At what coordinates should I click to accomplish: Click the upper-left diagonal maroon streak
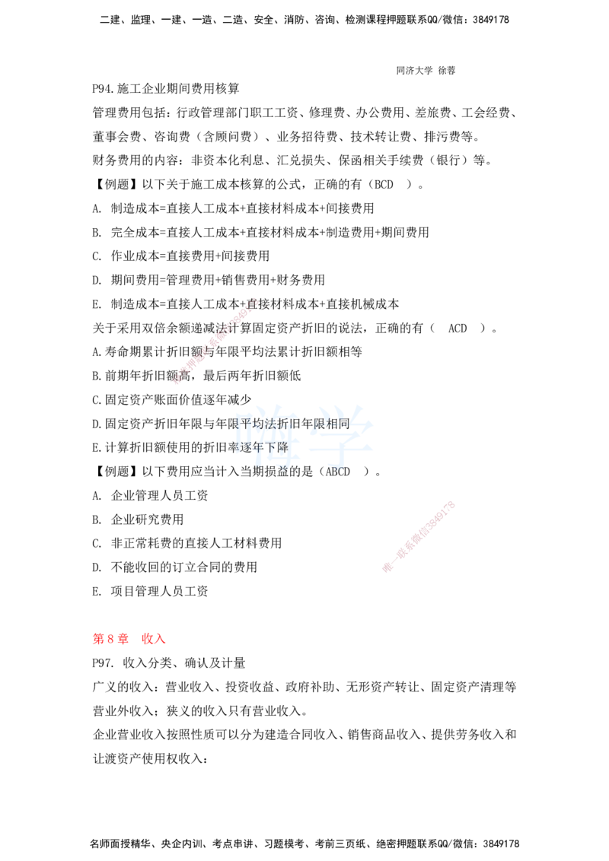coord(215,340)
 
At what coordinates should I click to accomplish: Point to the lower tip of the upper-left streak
coord(175,383)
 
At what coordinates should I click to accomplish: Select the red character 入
coord(161,640)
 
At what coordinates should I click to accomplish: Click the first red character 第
coord(97,640)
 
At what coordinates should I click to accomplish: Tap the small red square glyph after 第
coord(110,640)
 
